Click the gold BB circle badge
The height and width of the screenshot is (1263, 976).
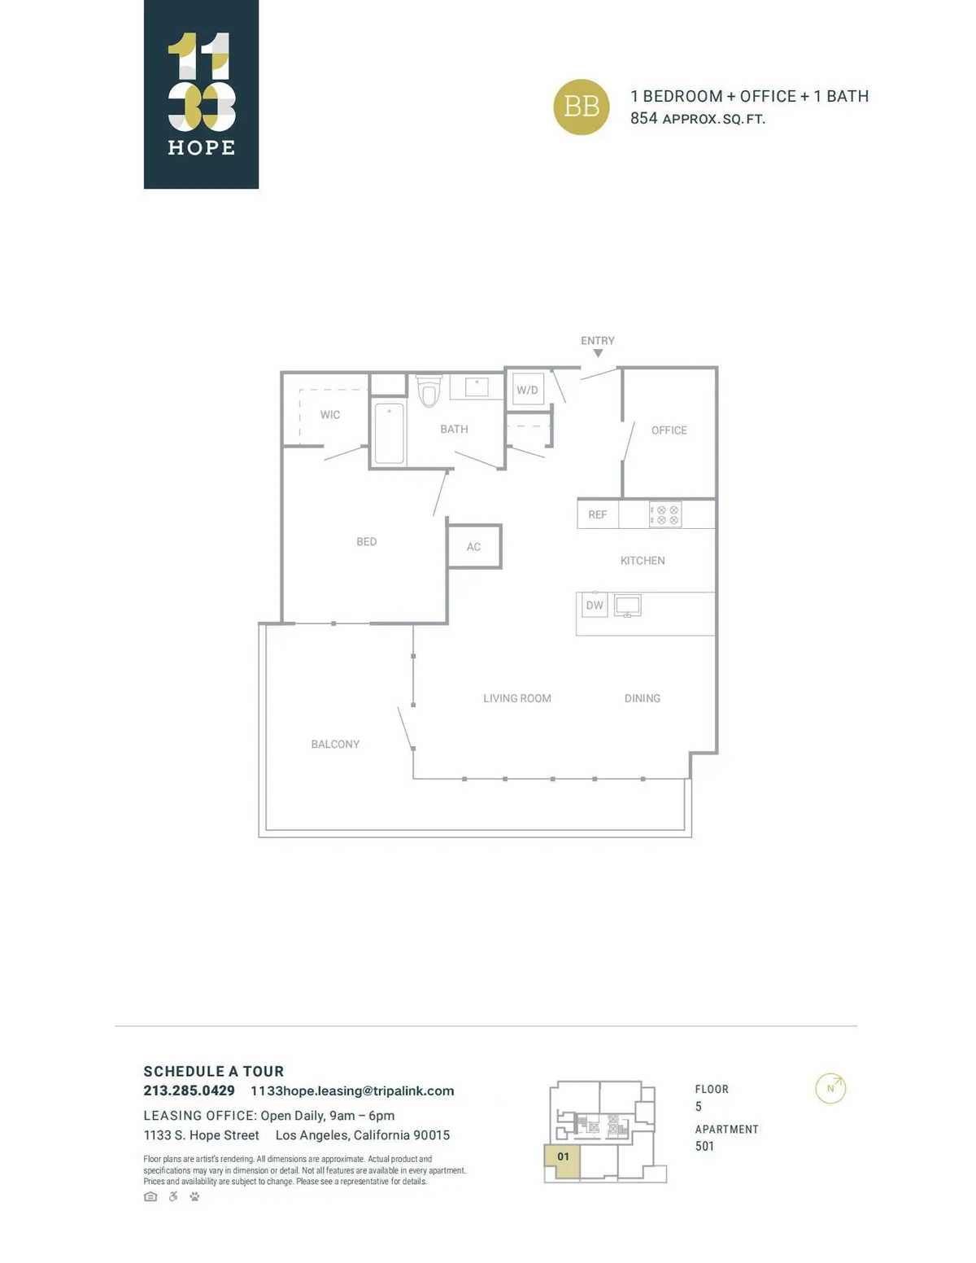click(581, 107)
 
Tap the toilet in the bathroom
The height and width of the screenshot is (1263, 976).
click(429, 391)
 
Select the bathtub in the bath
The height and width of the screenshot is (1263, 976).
click(389, 433)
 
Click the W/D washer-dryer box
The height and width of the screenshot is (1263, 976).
click(527, 390)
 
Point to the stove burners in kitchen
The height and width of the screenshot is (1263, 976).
click(664, 514)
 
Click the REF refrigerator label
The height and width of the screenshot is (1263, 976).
click(597, 514)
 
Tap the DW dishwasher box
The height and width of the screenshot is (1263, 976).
click(594, 605)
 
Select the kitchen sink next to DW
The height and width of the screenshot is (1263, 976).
click(627, 605)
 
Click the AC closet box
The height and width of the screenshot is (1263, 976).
click(474, 546)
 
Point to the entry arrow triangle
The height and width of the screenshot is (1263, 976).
click(598, 353)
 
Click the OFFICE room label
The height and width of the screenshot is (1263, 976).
click(669, 430)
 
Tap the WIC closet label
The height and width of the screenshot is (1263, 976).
click(329, 414)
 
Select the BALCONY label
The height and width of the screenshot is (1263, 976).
click(335, 744)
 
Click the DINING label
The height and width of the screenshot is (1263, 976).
click(643, 698)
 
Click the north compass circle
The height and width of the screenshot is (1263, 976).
click(830, 1088)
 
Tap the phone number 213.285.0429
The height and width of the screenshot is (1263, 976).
click(189, 1090)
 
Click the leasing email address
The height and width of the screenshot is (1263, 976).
click(352, 1091)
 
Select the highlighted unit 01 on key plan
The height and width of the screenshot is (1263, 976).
click(561, 1161)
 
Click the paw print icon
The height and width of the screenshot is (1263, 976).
click(194, 1196)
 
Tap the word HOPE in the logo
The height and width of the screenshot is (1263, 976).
click(201, 147)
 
